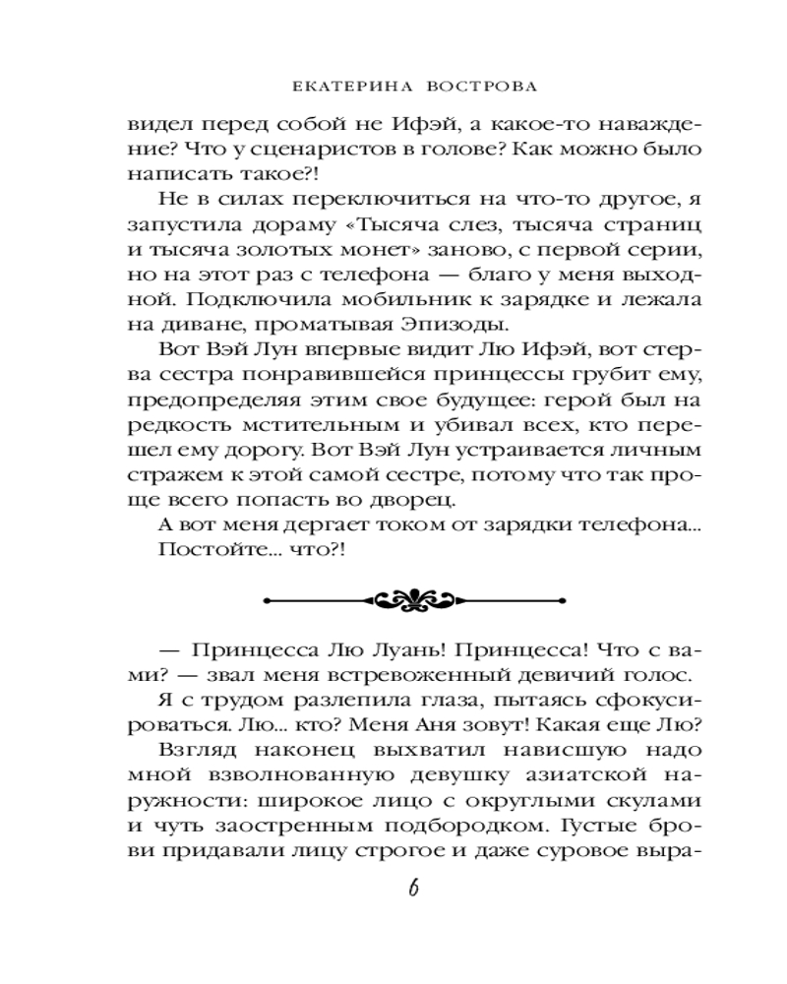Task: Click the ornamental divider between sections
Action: point(393,598)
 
